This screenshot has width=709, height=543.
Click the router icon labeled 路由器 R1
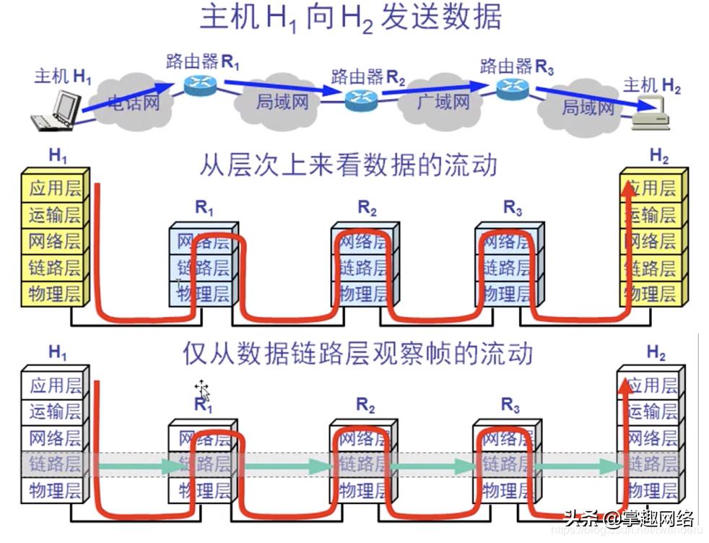point(200,83)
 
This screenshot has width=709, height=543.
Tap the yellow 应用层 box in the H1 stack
point(55,188)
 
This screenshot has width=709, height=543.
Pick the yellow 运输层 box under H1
point(55,214)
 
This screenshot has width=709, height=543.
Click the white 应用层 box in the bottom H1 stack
point(55,385)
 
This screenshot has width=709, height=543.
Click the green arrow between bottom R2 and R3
point(433,466)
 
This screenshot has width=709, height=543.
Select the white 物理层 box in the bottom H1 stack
point(55,491)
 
